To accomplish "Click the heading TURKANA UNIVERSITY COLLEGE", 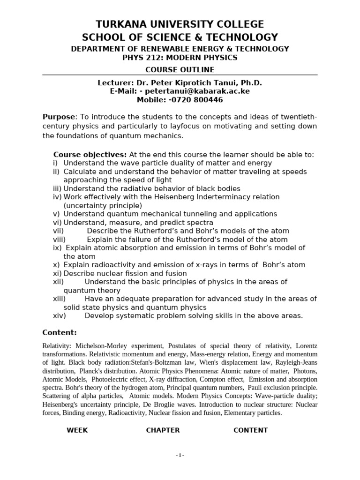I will [180, 24].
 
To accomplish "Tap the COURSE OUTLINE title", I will [180, 70].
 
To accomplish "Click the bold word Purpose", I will [59, 117].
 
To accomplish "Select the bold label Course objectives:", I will [90, 155].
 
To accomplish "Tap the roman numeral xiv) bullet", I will [59, 315].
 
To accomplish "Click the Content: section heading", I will [60, 332].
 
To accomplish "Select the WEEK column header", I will [77, 430].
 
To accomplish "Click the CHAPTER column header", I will [163, 430].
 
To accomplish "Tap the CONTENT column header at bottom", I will [250, 430].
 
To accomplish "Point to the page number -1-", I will [180, 456].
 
